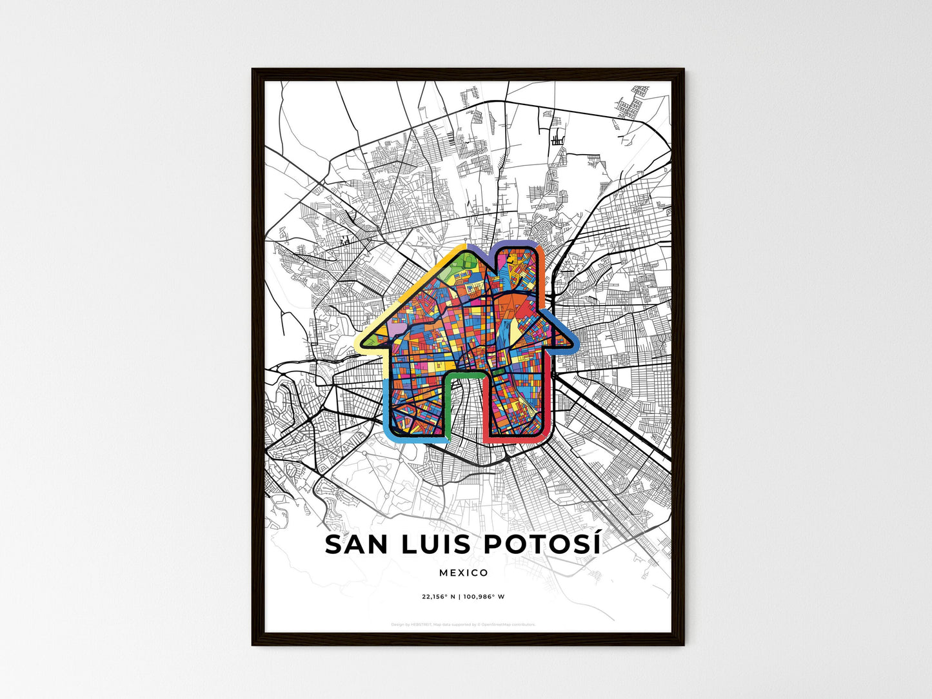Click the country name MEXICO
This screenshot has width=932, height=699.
pyautogui.click(x=464, y=573)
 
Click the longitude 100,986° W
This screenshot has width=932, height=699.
pyautogui.click(x=484, y=596)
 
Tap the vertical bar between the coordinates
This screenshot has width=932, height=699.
pyautogui.click(x=459, y=596)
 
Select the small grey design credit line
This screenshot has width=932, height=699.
pyautogui.click(x=464, y=624)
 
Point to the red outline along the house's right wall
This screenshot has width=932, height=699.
pyautogui.click(x=550, y=400)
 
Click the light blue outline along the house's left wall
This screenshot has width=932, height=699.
pyautogui.click(x=386, y=406)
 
